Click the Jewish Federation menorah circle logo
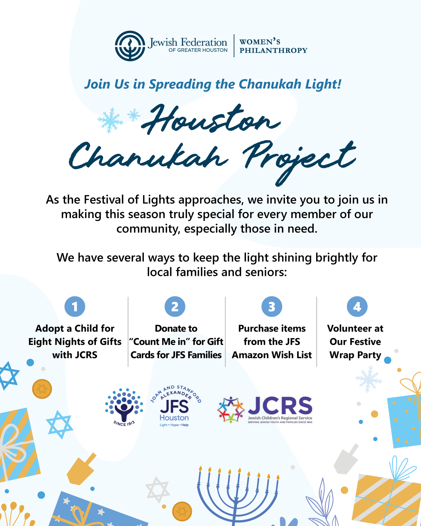[x=130, y=46]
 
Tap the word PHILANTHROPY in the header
[x=273, y=50]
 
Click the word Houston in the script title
[x=211, y=119]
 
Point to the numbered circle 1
[x=75, y=307]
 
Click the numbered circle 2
[x=175, y=307]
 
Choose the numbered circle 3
[x=272, y=307]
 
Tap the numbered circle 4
[x=357, y=307]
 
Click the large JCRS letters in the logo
[x=280, y=405]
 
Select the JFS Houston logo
[x=175, y=406]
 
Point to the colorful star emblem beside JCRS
[x=231, y=410]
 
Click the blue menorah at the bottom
[x=238, y=496]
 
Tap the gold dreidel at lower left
[x=81, y=469]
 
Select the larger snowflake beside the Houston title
[x=111, y=120]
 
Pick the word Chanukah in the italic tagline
[x=270, y=84]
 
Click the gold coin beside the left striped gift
[x=42, y=388]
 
